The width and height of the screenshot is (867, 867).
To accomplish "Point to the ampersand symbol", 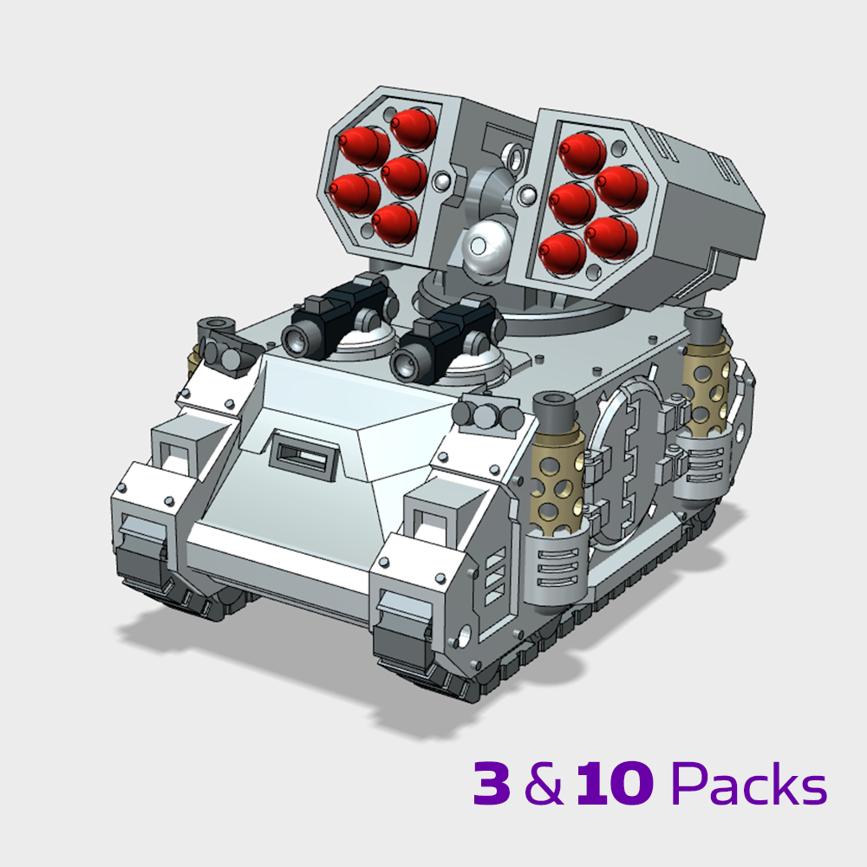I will [543, 784].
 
